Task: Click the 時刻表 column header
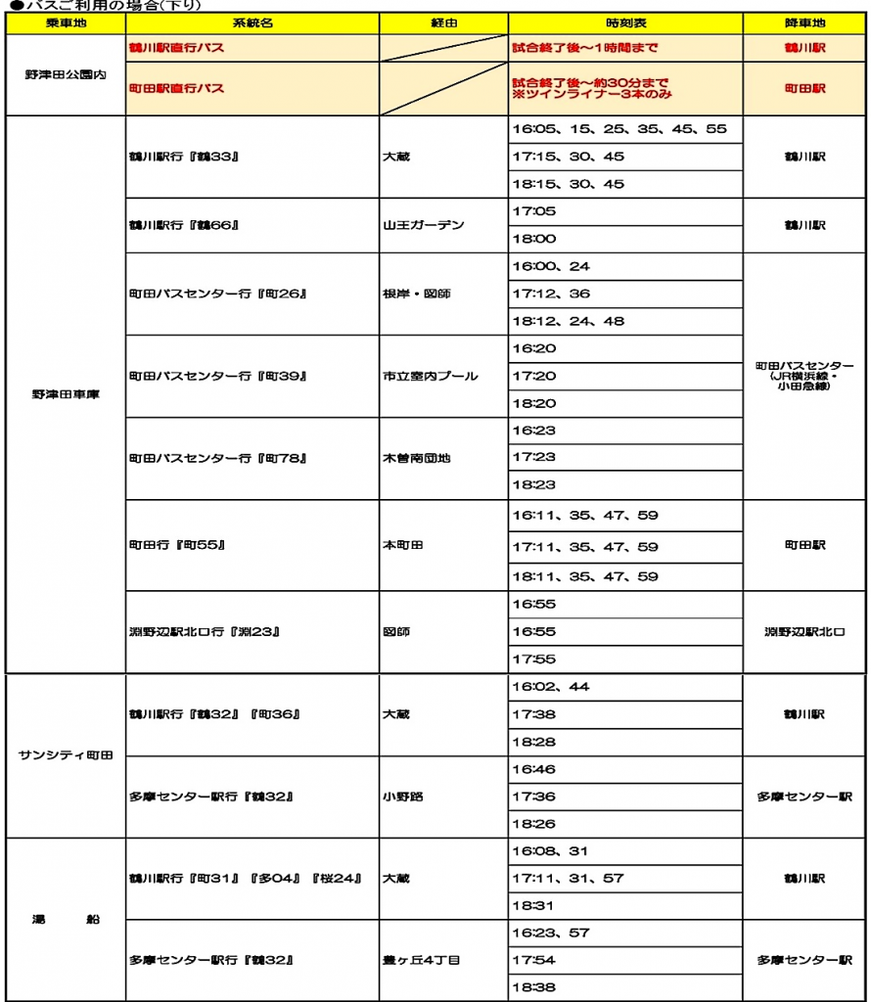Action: tap(625, 22)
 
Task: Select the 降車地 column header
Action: tap(804, 22)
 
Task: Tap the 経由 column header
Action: tap(443, 22)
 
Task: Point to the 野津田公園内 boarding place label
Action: tap(66, 75)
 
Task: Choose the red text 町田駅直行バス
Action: tap(177, 88)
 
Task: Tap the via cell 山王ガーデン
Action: tap(424, 225)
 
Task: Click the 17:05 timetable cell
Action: tap(534, 211)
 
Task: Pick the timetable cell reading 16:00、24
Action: tap(551, 266)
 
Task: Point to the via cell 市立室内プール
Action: tap(431, 376)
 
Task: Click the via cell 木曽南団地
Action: tap(417, 458)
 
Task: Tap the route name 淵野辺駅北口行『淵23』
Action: tap(205, 631)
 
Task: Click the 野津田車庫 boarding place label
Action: tap(66, 394)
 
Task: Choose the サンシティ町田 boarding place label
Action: tap(66, 755)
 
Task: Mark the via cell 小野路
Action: tap(403, 797)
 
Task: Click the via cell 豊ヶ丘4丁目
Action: tap(421, 960)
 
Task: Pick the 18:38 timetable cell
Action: tap(534, 987)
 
